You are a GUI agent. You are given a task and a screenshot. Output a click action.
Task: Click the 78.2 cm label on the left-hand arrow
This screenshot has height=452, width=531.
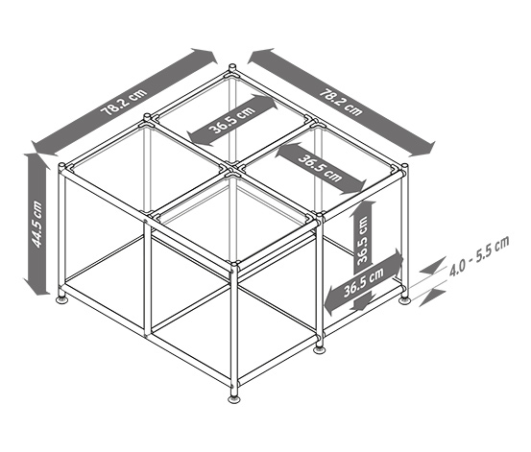[124, 102]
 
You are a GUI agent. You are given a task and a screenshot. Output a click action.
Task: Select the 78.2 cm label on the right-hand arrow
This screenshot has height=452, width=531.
[342, 102]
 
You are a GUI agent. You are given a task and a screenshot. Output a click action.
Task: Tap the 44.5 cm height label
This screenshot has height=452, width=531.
[36, 224]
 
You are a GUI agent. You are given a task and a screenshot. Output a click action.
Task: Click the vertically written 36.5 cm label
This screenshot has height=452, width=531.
[362, 240]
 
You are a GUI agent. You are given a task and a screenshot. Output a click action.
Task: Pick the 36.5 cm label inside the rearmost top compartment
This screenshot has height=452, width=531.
[232, 120]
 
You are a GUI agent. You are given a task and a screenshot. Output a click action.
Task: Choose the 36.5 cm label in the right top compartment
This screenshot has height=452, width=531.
[321, 168]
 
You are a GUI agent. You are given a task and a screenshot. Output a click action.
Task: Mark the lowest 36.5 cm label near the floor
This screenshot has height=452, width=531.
[364, 282]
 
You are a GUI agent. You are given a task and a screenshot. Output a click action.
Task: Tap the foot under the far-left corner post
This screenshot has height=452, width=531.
[62, 298]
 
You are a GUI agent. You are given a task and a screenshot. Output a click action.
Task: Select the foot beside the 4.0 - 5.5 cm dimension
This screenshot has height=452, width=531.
[404, 298]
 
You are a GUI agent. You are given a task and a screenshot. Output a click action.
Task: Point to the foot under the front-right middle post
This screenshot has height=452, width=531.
[320, 348]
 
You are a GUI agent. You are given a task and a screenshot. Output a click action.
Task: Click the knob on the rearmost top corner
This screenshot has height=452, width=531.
[232, 67]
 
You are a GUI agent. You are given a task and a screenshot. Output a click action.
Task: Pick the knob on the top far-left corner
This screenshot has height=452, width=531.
[62, 167]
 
